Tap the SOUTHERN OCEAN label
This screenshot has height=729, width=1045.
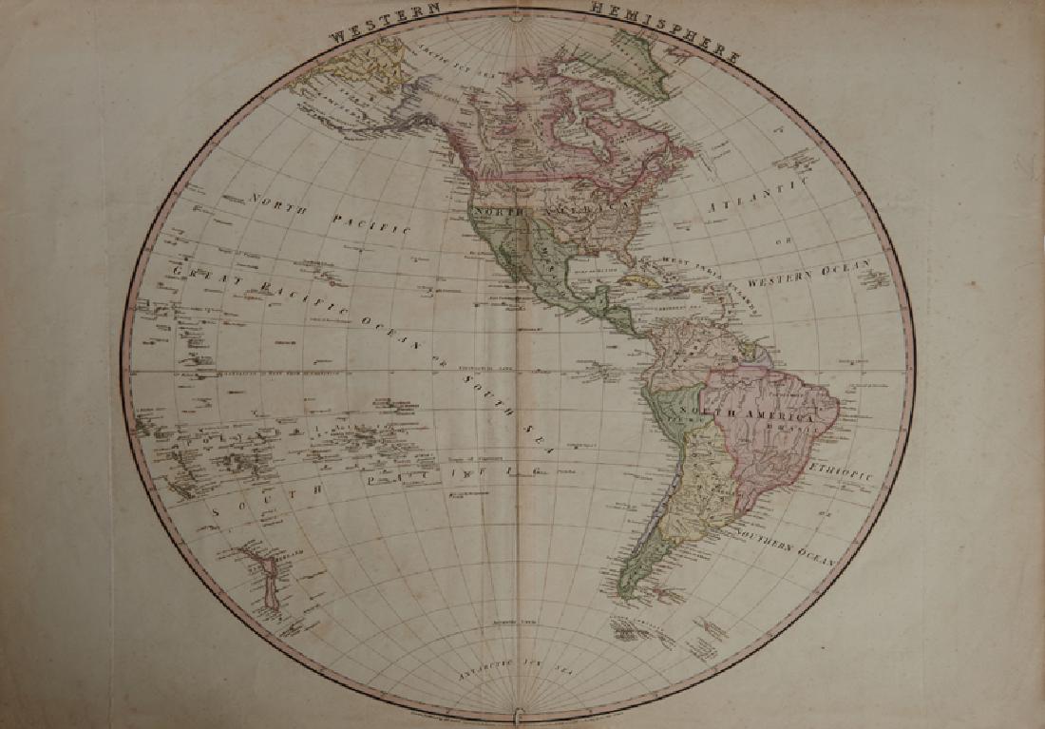(x=789, y=547)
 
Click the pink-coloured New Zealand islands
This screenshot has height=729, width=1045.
(x=262, y=581)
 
